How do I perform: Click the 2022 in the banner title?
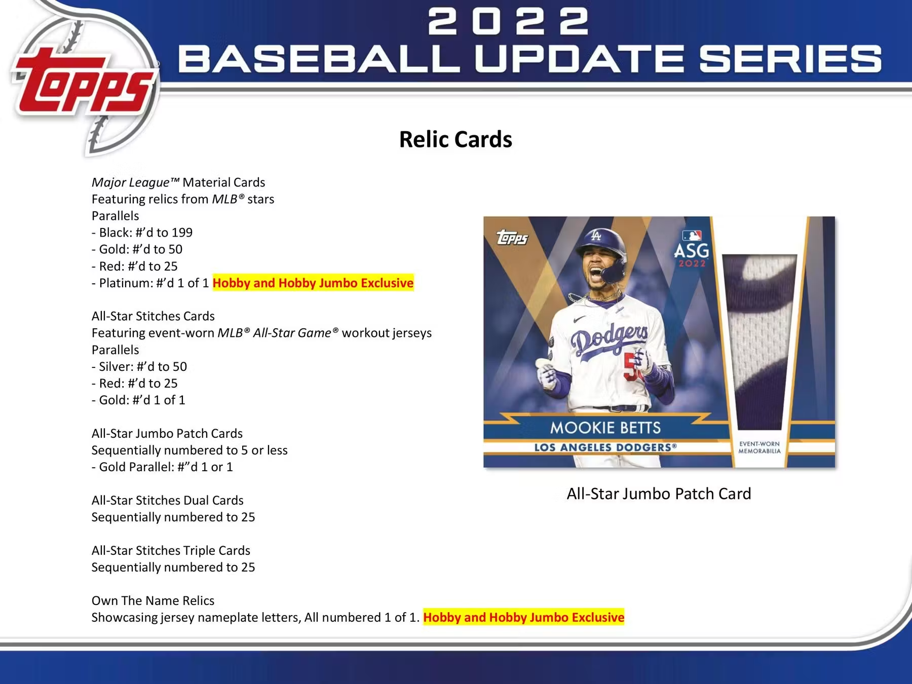click(508, 22)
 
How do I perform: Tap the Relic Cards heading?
click(455, 139)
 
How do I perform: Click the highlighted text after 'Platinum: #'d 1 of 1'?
click(313, 283)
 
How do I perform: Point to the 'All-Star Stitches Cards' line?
click(153, 316)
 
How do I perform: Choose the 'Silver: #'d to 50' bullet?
click(139, 366)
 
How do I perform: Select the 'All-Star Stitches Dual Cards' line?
click(168, 500)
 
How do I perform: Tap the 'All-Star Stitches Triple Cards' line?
click(171, 550)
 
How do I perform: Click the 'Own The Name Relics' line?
click(153, 600)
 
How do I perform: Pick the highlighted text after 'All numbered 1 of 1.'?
click(524, 617)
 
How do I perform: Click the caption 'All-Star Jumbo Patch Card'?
click(659, 493)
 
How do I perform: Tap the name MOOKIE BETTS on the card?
click(605, 428)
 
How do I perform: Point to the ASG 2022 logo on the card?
click(692, 249)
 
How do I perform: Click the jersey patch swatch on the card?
click(759, 342)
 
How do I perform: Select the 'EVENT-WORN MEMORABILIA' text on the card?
click(759, 447)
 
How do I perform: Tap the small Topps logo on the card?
click(512, 237)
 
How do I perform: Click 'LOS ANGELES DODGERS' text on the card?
click(605, 447)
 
